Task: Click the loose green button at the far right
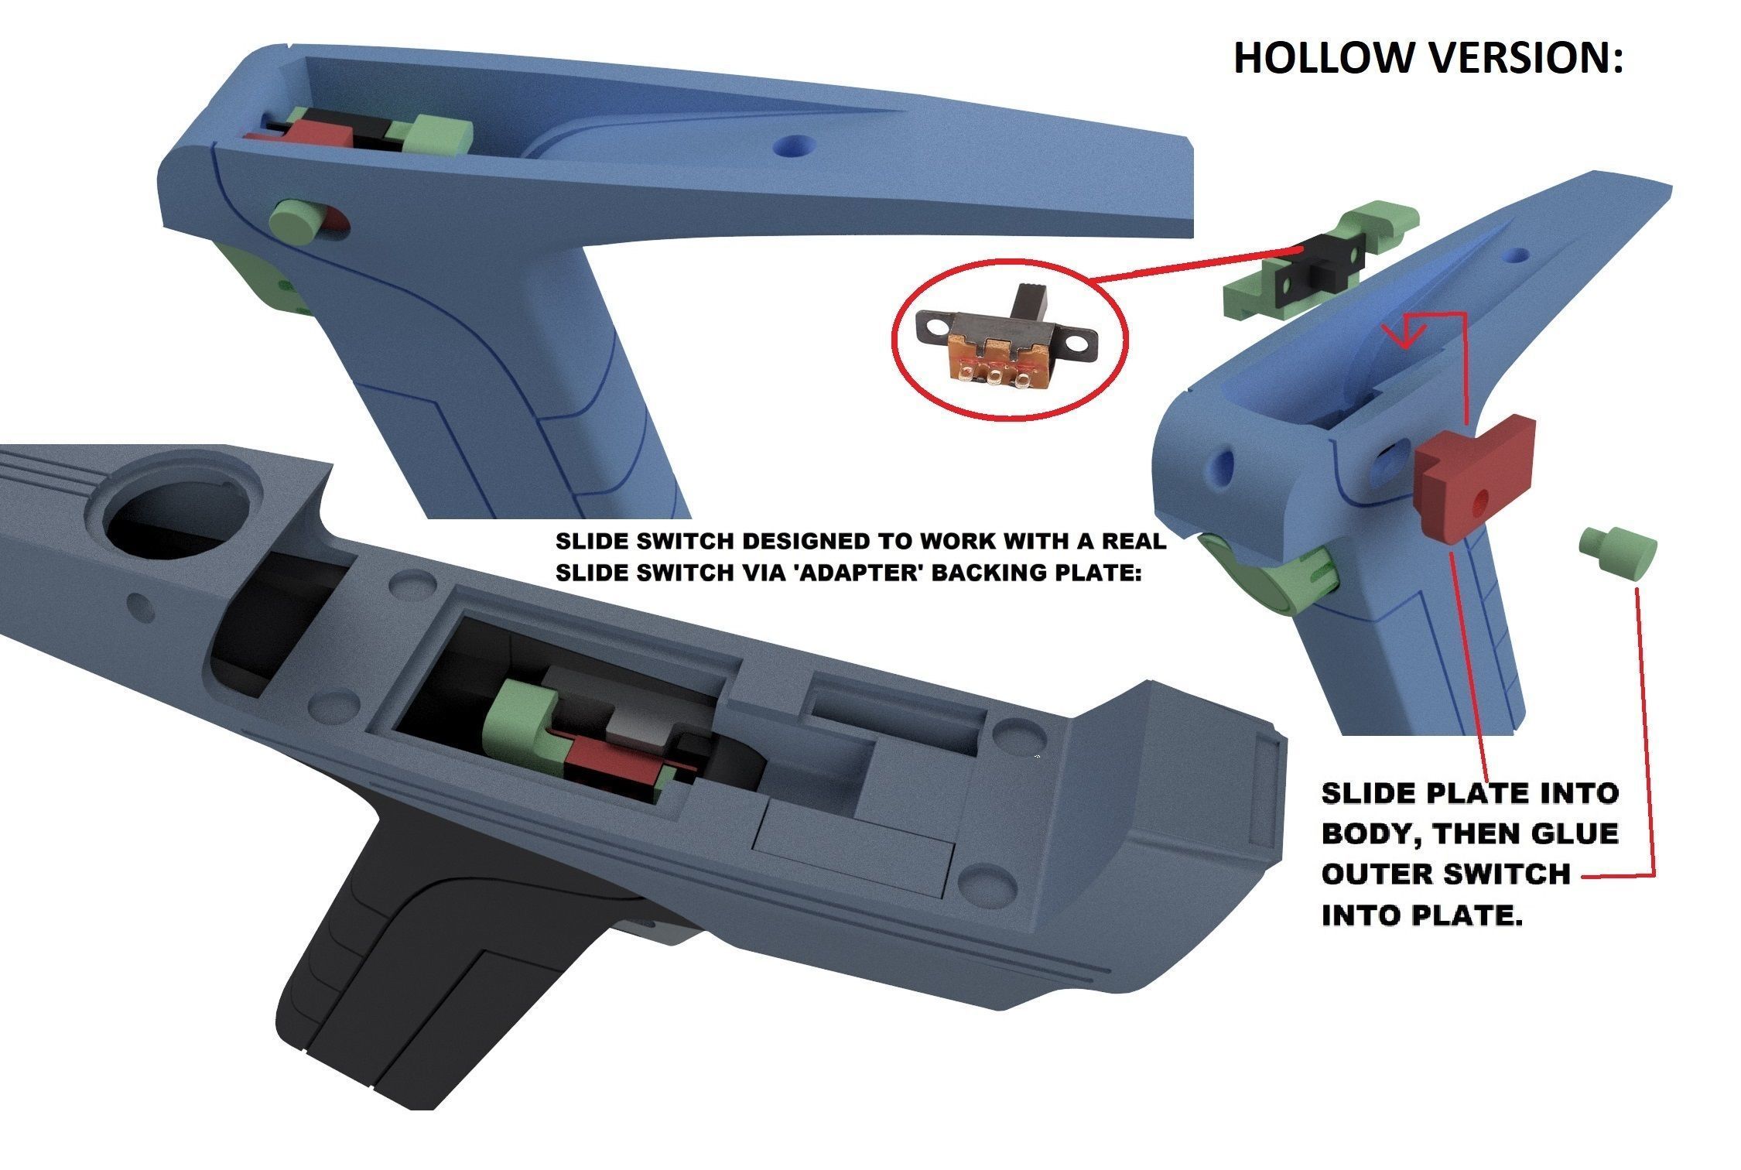1616,552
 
